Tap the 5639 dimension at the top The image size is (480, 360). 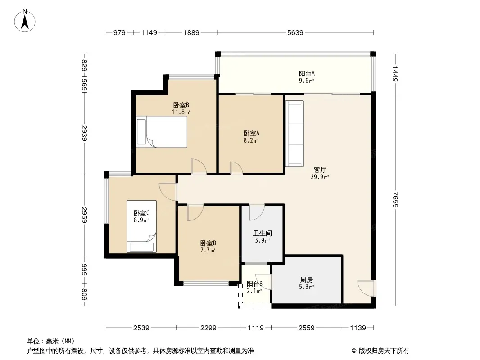295,32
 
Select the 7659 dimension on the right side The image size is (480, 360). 395,200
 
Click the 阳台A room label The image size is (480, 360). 307,73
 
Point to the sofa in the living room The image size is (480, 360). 295,134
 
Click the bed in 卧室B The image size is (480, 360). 162,132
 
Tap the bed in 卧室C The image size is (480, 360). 141,226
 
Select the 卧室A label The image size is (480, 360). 251,133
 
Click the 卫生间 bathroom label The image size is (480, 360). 263,234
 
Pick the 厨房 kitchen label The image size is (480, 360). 307,279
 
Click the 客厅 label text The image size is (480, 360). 320,170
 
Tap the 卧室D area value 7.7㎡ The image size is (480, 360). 208,251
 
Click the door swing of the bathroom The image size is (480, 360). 257,212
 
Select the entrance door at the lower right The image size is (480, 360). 366,288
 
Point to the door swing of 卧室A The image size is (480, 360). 237,168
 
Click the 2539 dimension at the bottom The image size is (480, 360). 141,328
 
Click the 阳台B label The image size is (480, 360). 254,283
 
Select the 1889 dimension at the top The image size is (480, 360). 191,32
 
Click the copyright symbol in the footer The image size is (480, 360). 354,351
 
